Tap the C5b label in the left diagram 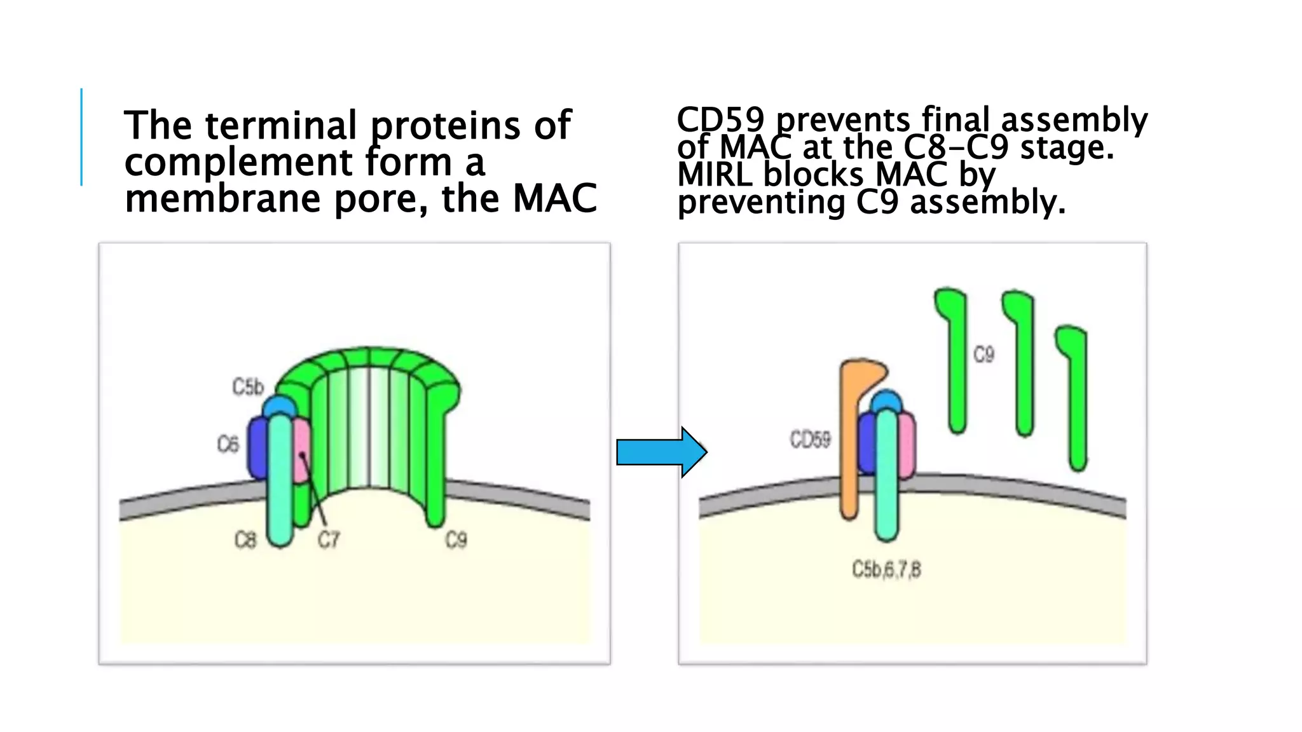(247, 386)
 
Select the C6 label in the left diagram (228, 444)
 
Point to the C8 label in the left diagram (245, 540)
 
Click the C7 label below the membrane (329, 540)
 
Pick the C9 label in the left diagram (456, 540)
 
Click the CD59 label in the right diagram (810, 439)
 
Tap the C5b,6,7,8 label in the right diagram (886, 569)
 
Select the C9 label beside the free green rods (983, 354)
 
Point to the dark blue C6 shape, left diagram (257, 448)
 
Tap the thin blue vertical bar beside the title (81, 137)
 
